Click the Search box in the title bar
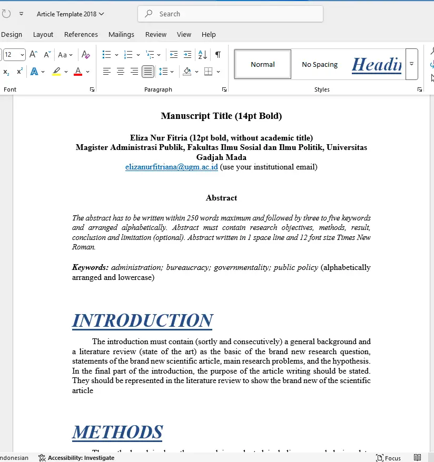pyautogui.click(x=230, y=14)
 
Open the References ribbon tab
pyautogui.click(x=81, y=34)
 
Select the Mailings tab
pyautogui.click(x=121, y=34)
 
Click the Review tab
pyautogui.click(x=156, y=34)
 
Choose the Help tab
pyautogui.click(x=209, y=34)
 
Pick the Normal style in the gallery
pyautogui.click(x=262, y=64)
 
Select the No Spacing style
pyautogui.click(x=320, y=64)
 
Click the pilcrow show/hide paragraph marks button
pyautogui.click(x=218, y=55)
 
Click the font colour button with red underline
pyautogui.click(x=78, y=72)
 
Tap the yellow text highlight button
pyautogui.click(x=56, y=72)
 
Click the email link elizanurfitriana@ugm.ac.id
pyautogui.click(x=171, y=167)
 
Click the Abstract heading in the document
pyautogui.click(x=221, y=198)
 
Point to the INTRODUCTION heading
pyautogui.click(x=142, y=320)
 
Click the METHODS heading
pyautogui.click(x=117, y=432)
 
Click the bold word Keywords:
pyautogui.click(x=90, y=267)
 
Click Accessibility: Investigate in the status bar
pyautogui.click(x=76, y=458)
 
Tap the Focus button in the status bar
pyautogui.click(x=389, y=458)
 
